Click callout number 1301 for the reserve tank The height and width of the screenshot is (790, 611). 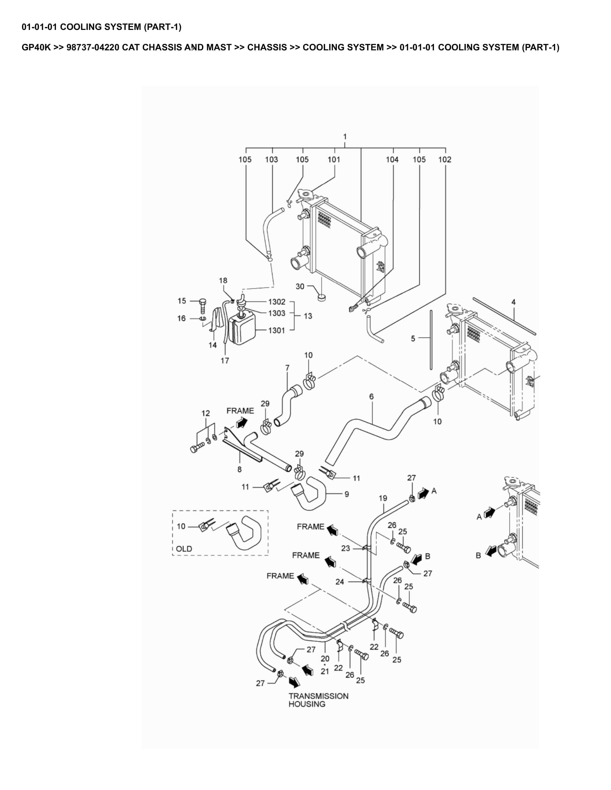[x=277, y=330]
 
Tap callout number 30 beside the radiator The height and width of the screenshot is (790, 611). [x=300, y=287]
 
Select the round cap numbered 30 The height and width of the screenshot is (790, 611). [x=322, y=297]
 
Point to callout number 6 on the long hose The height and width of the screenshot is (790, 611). [x=371, y=396]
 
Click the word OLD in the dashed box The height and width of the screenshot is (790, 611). [x=184, y=549]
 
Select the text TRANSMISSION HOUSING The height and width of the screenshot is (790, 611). [x=318, y=700]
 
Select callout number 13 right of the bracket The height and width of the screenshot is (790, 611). [x=308, y=316]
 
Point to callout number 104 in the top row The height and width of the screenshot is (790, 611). [x=392, y=160]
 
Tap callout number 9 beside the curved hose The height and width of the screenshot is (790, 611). [x=346, y=494]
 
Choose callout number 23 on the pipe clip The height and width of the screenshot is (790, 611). [x=345, y=548]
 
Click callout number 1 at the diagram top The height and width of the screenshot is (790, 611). [x=345, y=137]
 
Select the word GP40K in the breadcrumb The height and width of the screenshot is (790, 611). [x=36, y=47]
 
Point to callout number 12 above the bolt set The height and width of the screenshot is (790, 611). [x=206, y=413]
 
